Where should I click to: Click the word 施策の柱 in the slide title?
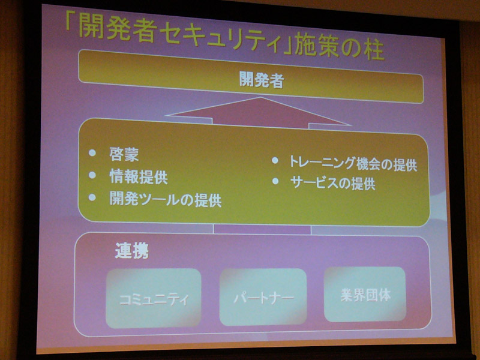point(339,50)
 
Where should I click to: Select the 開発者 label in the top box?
point(261,80)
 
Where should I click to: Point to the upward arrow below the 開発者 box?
point(259,112)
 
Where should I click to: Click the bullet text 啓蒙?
point(124,155)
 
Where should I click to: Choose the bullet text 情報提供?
point(139,176)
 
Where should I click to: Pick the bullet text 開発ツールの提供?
point(166,200)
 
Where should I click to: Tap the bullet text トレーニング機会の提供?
point(353,164)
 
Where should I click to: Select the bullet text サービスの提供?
point(332,183)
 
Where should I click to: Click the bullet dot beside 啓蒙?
point(92,152)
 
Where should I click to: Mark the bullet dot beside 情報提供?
point(92,175)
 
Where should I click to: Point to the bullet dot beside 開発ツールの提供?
point(92,197)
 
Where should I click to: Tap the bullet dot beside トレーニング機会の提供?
point(275,160)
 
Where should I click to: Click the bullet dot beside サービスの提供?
point(275,181)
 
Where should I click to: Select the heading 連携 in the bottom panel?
point(132,250)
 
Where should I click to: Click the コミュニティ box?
point(154,298)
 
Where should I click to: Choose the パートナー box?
point(263,296)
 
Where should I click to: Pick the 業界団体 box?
point(365,294)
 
